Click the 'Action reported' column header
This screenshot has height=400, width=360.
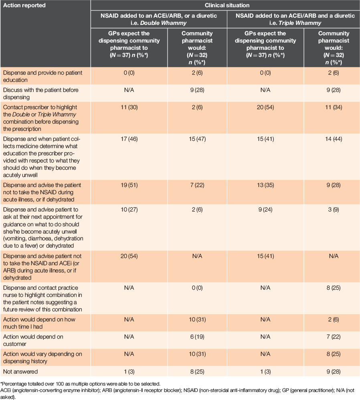(24, 5)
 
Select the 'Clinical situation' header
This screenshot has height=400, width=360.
(227, 5)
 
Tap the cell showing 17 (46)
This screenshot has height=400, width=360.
(129, 139)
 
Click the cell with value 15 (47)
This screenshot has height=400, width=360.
(197, 139)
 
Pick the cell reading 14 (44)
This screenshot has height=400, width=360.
(334, 139)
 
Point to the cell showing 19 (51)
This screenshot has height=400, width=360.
(129, 185)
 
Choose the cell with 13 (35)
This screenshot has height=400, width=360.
(265, 185)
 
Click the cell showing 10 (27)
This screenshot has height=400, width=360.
(129, 210)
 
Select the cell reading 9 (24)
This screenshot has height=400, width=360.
(265, 210)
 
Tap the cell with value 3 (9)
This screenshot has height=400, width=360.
(334, 210)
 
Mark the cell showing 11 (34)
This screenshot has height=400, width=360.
(334, 108)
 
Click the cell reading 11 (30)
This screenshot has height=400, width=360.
(129, 108)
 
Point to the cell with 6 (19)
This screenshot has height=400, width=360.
(197, 337)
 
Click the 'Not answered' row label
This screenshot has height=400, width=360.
(20, 372)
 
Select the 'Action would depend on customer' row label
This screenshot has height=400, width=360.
(33, 340)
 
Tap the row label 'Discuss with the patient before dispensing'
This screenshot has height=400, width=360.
(41, 93)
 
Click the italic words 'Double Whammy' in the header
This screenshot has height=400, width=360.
(163, 23)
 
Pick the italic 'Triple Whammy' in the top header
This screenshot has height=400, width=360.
(300, 23)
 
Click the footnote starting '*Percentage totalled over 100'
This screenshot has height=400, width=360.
(81, 384)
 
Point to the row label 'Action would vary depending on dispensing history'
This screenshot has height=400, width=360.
(42, 357)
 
